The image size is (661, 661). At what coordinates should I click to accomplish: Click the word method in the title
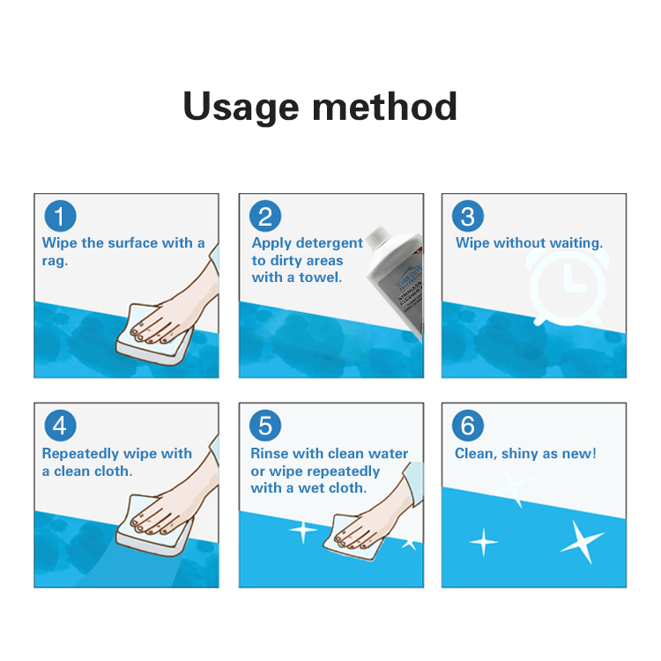click(384, 107)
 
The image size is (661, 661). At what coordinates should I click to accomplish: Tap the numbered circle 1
click(60, 216)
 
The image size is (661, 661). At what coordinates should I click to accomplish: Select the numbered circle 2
click(265, 216)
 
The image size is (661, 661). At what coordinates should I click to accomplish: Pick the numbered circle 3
click(468, 216)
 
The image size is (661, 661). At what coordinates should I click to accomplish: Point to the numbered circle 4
click(60, 427)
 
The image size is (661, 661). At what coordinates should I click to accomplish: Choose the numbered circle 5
click(265, 427)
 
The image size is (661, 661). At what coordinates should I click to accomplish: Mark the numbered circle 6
click(468, 427)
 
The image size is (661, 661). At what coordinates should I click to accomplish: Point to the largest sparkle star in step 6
click(583, 541)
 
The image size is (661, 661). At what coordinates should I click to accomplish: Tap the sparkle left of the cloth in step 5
click(303, 531)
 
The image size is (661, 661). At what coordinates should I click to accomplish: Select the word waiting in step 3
click(576, 243)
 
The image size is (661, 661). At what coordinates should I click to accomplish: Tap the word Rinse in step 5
click(270, 454)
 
